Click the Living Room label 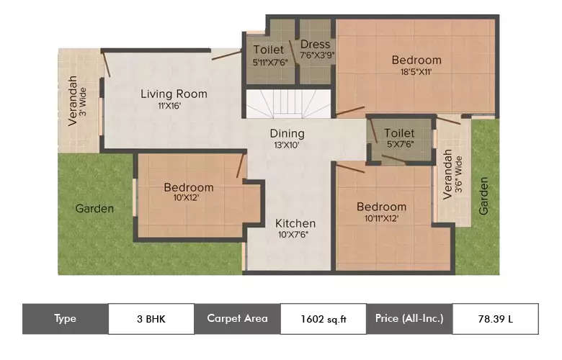[x=174, y=94]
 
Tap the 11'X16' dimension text [x=174, y=106]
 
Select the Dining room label [x=287, y=133]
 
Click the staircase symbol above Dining [x=287, y=104]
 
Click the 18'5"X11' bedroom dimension [x=416, y=72]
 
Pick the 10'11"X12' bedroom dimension [x=382, y=218]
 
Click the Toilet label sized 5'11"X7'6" [x=269, y=50]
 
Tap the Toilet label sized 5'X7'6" [x=399, y=133]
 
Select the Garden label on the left [x=94, y=209]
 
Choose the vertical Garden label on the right [x=484, y=196]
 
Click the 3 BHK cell [x=151, y=319]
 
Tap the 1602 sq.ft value [x=323, y=319]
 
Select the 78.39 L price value [x=495, y=319]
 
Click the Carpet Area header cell [x=237, y=319]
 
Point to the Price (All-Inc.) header [x=409, y=319]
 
